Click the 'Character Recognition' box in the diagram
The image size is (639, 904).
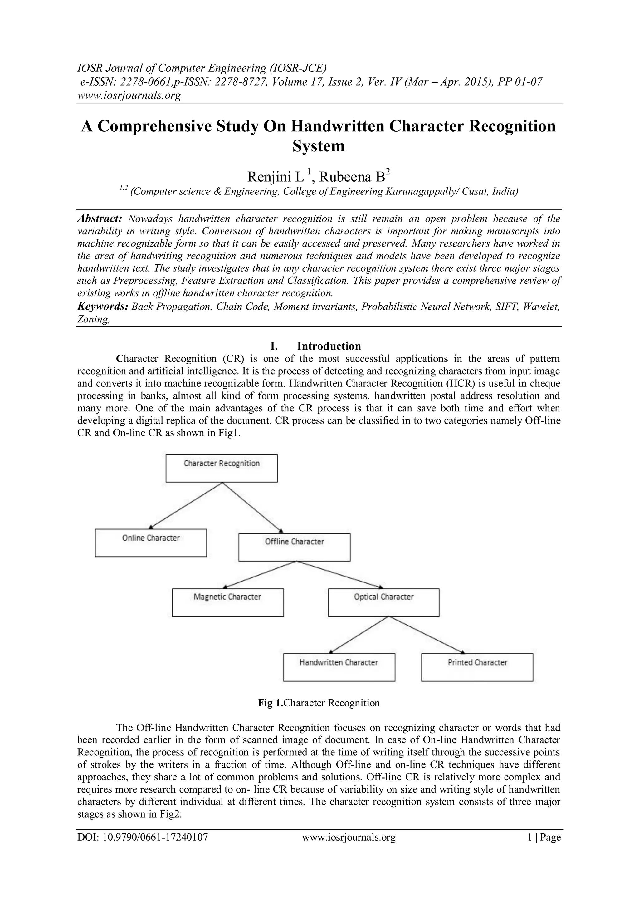[x=222, y=468]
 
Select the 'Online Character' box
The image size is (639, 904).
[x=151, y=543]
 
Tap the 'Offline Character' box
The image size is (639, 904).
[x=294, y=547]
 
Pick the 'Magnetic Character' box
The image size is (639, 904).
[x=227, y=602]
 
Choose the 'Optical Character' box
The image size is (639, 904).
[x=384, y=602]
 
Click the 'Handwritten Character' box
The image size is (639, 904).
[x=339, y=667]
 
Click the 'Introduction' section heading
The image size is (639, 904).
[x=329, y=346]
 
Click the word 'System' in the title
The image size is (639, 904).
[x=319, y=146]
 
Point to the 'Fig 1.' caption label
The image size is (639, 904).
[x=270, y=703]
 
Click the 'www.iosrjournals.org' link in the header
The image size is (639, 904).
[x=129, y=95]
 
